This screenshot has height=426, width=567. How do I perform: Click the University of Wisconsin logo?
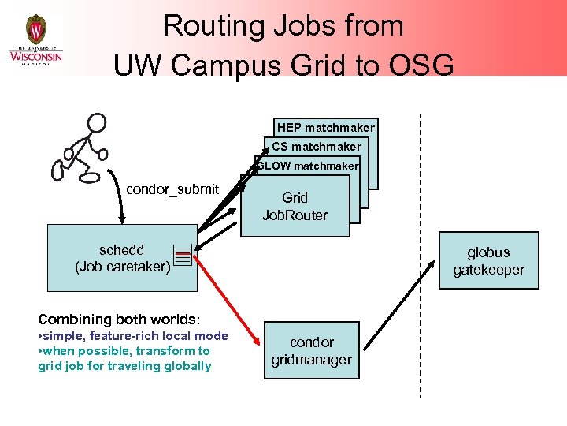point(35,39)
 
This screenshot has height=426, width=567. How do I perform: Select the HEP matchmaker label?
point(326,127)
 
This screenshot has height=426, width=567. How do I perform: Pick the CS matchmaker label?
point(317,146)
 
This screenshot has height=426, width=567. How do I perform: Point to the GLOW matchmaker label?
point(308,166)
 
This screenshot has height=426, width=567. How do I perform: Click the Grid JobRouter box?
point(295,206)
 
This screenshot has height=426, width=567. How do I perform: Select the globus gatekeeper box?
point(488,261)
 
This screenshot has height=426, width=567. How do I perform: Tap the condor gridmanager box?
point(311,350)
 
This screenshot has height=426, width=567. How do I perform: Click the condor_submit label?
point(172,189)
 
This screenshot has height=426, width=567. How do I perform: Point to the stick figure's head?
point(96,123)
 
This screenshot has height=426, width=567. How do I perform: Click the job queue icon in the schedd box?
point(183,256)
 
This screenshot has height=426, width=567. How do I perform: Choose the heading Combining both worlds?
point(119,319)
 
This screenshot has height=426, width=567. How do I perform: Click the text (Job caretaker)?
point(122,267)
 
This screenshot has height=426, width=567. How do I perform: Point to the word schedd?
point(121,250)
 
